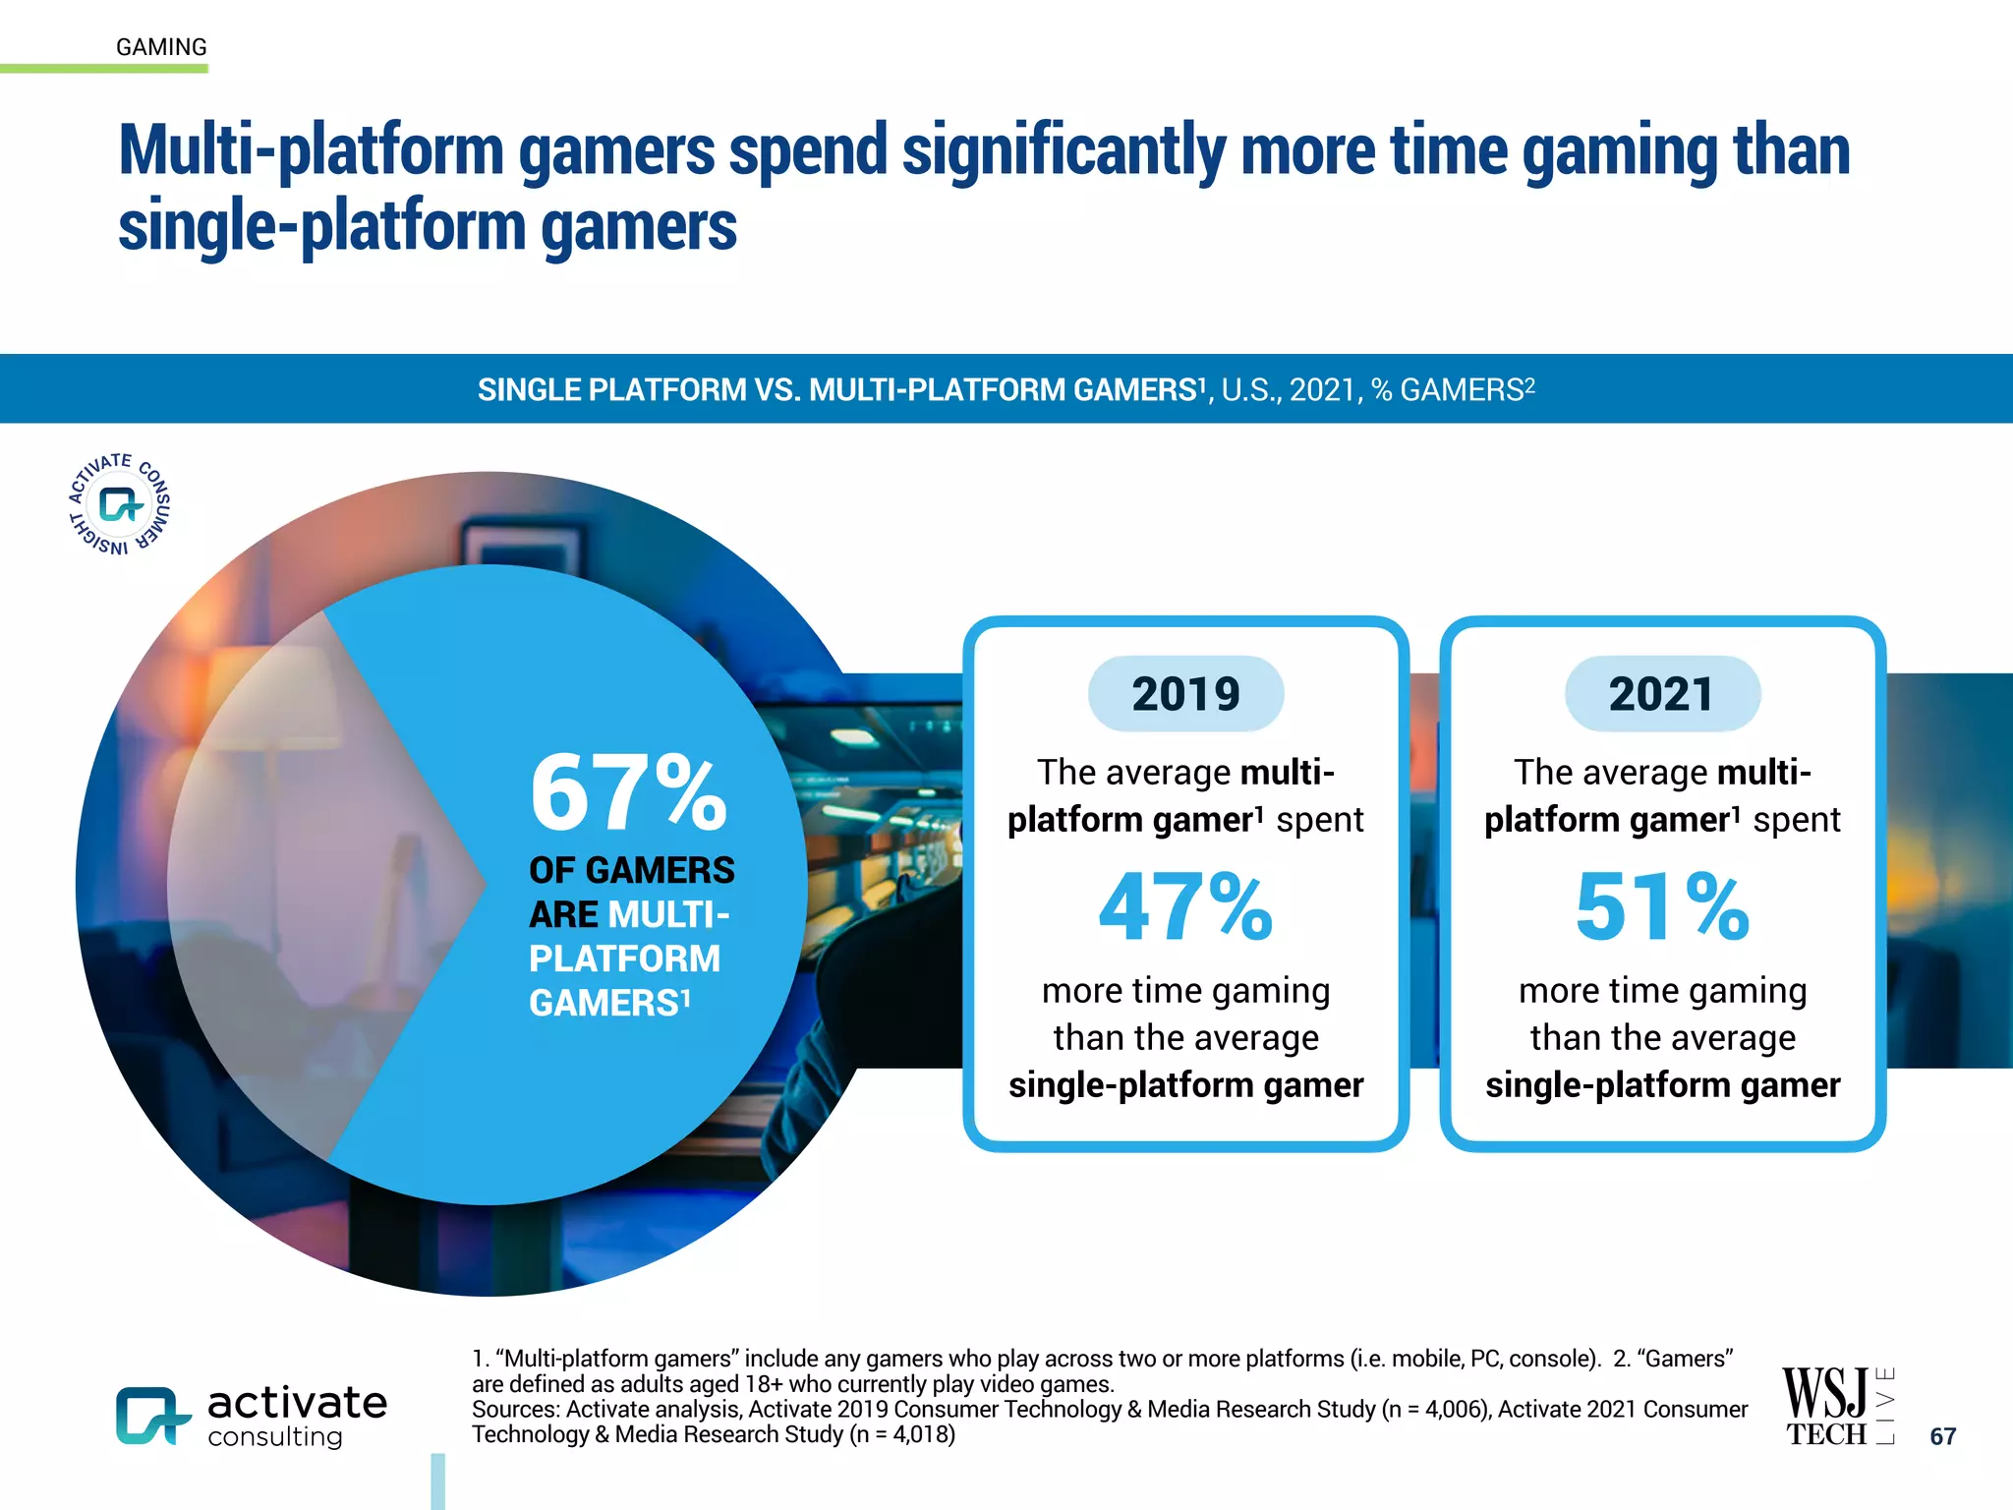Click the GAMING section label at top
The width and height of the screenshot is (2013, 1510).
[161, 47]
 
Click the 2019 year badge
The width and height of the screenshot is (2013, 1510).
[1185, 694]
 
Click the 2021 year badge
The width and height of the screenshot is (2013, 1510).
[1662, 694]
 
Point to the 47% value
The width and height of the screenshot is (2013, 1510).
[1185, 906]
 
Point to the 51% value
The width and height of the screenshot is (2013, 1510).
[1662, 906]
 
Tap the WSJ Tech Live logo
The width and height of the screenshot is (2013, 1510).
[1836, 1406]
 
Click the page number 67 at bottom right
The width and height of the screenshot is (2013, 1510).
[1942, 1436]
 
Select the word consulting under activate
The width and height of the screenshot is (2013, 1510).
[275, 1437]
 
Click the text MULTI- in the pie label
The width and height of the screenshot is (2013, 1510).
[668, 915]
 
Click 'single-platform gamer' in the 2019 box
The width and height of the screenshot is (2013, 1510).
[1185, 1085]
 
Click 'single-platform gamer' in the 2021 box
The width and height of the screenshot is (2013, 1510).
[1662, 1085]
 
